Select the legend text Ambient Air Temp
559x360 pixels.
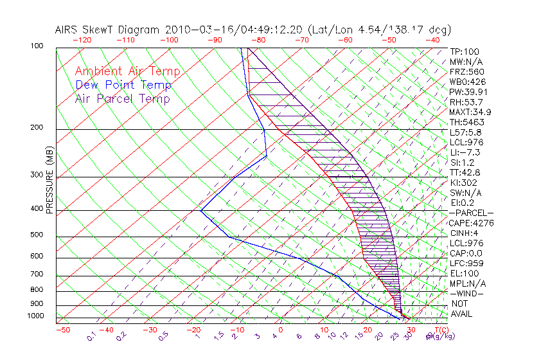click(127, 71)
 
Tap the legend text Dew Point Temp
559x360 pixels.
click(123, 85)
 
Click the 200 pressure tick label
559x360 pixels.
click(37, 128)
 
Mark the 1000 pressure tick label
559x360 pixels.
click(35, 316)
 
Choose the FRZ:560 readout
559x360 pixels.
click(466, 71)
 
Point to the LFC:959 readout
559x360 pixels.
click(466, 264)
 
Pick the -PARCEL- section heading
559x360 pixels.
click(471, 213)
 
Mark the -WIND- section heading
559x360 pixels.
click(466, 293)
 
